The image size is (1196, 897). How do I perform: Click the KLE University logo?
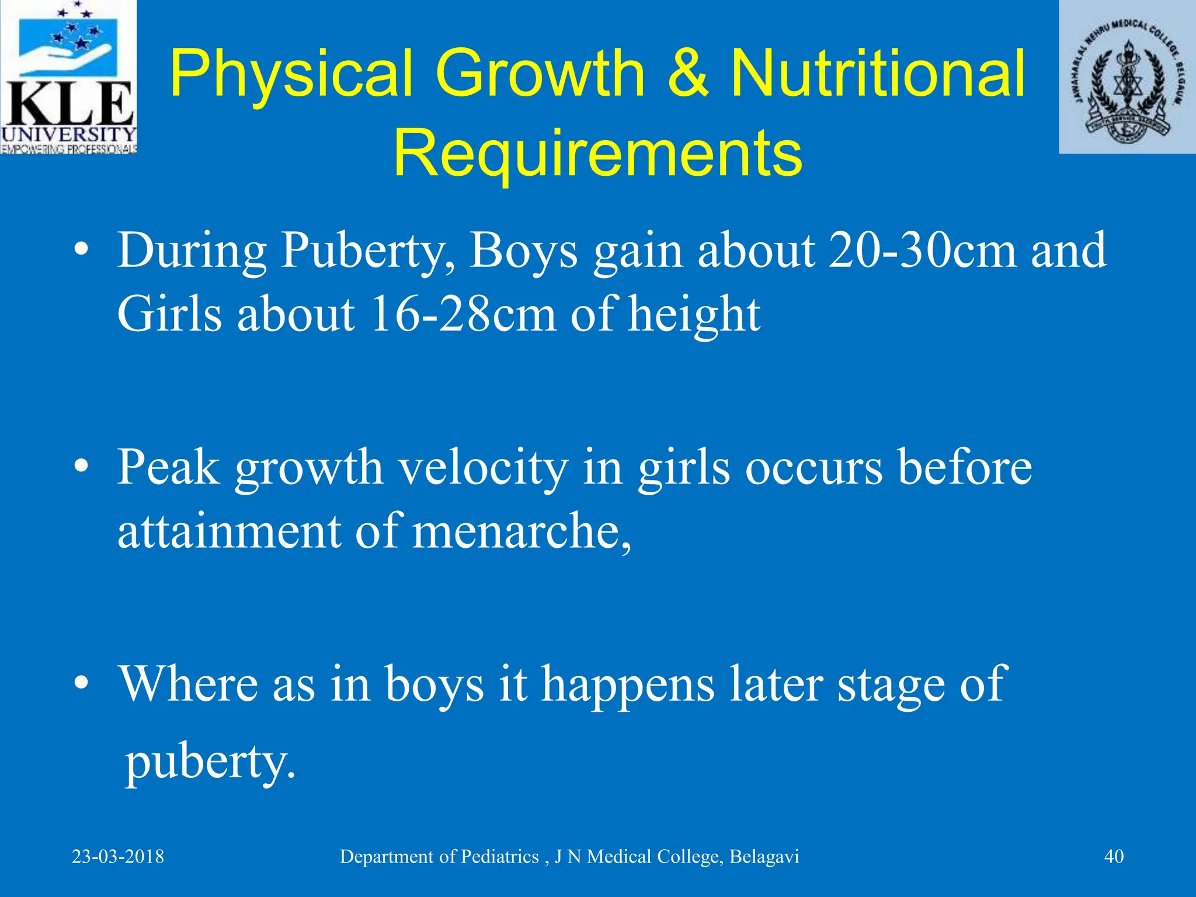pyautogui.click(x=68, y=77)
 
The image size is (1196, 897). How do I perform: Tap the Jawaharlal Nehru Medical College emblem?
pyautogui.click(x=1127, y=77)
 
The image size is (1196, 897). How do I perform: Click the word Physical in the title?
pyautogui.click(x=290, y=74)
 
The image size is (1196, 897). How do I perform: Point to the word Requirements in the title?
pyautogui.click(x=597, y=153)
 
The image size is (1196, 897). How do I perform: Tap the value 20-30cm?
pyautogui.click(x=922, y=251)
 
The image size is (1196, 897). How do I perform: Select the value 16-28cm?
pyautogui.click(x=462, y=314)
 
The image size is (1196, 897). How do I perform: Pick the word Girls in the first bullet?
pyautogui.click(x=169, y=314)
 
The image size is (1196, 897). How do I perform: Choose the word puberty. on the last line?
pyautogui.click(x=210, y=763)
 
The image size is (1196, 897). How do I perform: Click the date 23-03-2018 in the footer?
pyautogui.click(x=118, y=857)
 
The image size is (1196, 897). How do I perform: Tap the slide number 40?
pyautogui.click(x=1114, y=857)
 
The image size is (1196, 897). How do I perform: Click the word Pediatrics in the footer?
pyautogui.click(x=499, y=857)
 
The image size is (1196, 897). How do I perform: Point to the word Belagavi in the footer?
pyautogui.click(x=764, y=857)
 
